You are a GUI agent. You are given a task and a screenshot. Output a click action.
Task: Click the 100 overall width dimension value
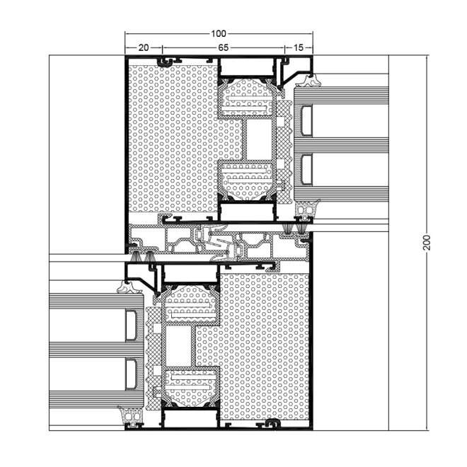219,34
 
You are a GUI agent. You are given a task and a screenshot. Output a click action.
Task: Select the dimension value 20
143,47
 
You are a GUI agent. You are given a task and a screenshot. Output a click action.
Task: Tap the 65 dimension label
223,47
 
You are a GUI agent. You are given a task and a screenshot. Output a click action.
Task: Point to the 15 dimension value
298,47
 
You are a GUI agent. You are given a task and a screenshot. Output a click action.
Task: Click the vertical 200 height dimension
427,243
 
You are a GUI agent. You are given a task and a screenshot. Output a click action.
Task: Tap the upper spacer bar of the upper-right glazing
307,120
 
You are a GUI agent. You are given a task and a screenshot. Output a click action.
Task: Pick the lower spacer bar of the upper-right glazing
307,169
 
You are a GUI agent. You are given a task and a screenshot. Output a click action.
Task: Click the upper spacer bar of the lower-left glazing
131,325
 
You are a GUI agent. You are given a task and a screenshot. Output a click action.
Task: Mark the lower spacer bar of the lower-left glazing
131,374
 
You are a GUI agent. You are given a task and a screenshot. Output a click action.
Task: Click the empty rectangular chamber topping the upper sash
247,67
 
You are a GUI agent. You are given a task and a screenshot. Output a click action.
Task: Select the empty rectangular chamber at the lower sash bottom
190,419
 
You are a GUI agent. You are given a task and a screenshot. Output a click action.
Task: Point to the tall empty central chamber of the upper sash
259,139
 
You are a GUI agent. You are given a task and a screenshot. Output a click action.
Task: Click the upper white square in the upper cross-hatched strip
280,121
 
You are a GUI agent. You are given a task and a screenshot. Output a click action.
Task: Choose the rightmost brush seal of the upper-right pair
301,229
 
